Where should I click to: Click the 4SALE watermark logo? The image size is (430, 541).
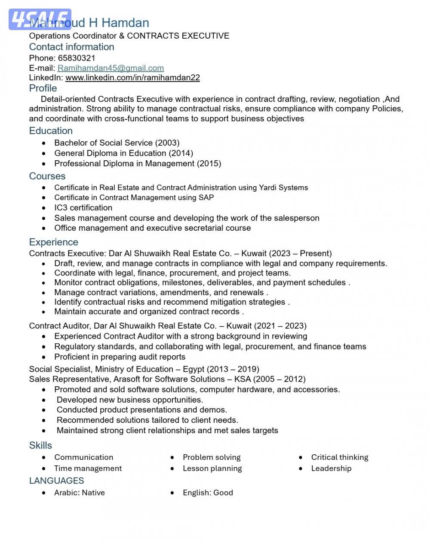coord(40,19)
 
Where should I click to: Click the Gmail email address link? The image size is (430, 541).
coord(111,68)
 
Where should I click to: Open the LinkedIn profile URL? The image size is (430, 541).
coord(132,78)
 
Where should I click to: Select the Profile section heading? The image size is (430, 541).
coord(43,88)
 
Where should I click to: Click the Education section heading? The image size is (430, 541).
coord(51,131)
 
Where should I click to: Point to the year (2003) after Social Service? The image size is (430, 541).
coord(167,143)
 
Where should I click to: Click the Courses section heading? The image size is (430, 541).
coord(47,176)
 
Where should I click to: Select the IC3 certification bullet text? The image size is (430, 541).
coord(83,208)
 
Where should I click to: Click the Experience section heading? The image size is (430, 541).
coord(54,242)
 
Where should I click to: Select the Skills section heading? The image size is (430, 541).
coord(40,446)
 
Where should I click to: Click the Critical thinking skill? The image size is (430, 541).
coord(340,457)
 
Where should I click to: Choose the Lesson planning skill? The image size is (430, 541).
coord(212,468)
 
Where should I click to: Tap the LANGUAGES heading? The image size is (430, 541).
coord(56,481)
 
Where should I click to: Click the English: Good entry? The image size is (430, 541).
coord(208,493)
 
